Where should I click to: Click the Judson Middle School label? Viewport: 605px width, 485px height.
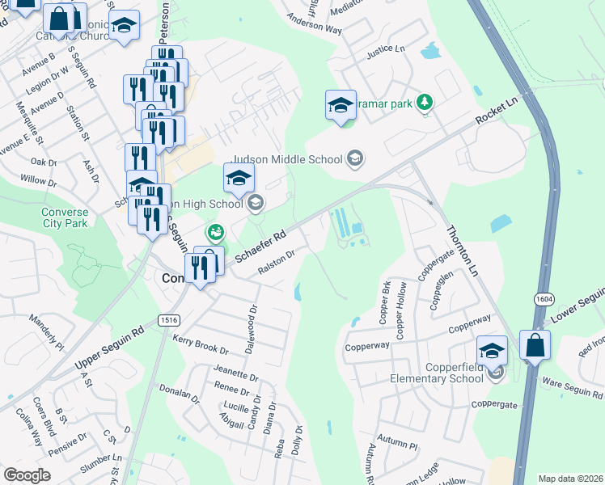click(287, 159)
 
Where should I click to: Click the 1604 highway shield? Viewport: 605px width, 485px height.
click(544, 299)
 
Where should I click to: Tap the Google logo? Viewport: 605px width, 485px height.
click(27, 475)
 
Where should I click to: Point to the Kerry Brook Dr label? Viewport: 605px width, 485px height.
click(195, 344)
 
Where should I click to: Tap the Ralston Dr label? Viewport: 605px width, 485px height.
click(276, 265)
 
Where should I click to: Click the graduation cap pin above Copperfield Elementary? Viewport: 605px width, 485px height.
click(492, 351)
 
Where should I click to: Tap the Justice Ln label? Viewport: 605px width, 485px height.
click(385, 48)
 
